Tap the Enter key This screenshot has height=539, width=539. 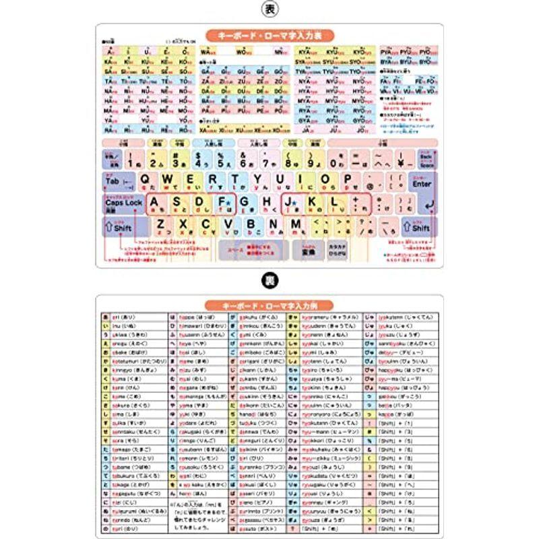point(422,183)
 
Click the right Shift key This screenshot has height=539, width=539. point(418,228)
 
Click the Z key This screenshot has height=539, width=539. point(162,224)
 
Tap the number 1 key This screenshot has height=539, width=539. point(135,159)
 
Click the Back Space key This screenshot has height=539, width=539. point(424,160)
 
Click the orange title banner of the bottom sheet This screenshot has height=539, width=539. point(269,305)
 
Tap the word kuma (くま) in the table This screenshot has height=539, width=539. point(125,379)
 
